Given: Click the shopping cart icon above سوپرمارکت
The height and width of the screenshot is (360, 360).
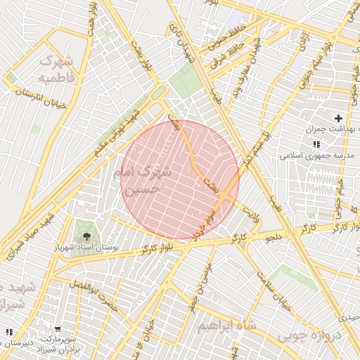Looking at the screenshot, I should pos(58,328).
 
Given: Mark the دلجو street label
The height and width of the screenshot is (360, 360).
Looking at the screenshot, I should pos(273,238).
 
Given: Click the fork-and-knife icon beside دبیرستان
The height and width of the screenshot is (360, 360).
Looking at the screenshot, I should pos(9,332).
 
